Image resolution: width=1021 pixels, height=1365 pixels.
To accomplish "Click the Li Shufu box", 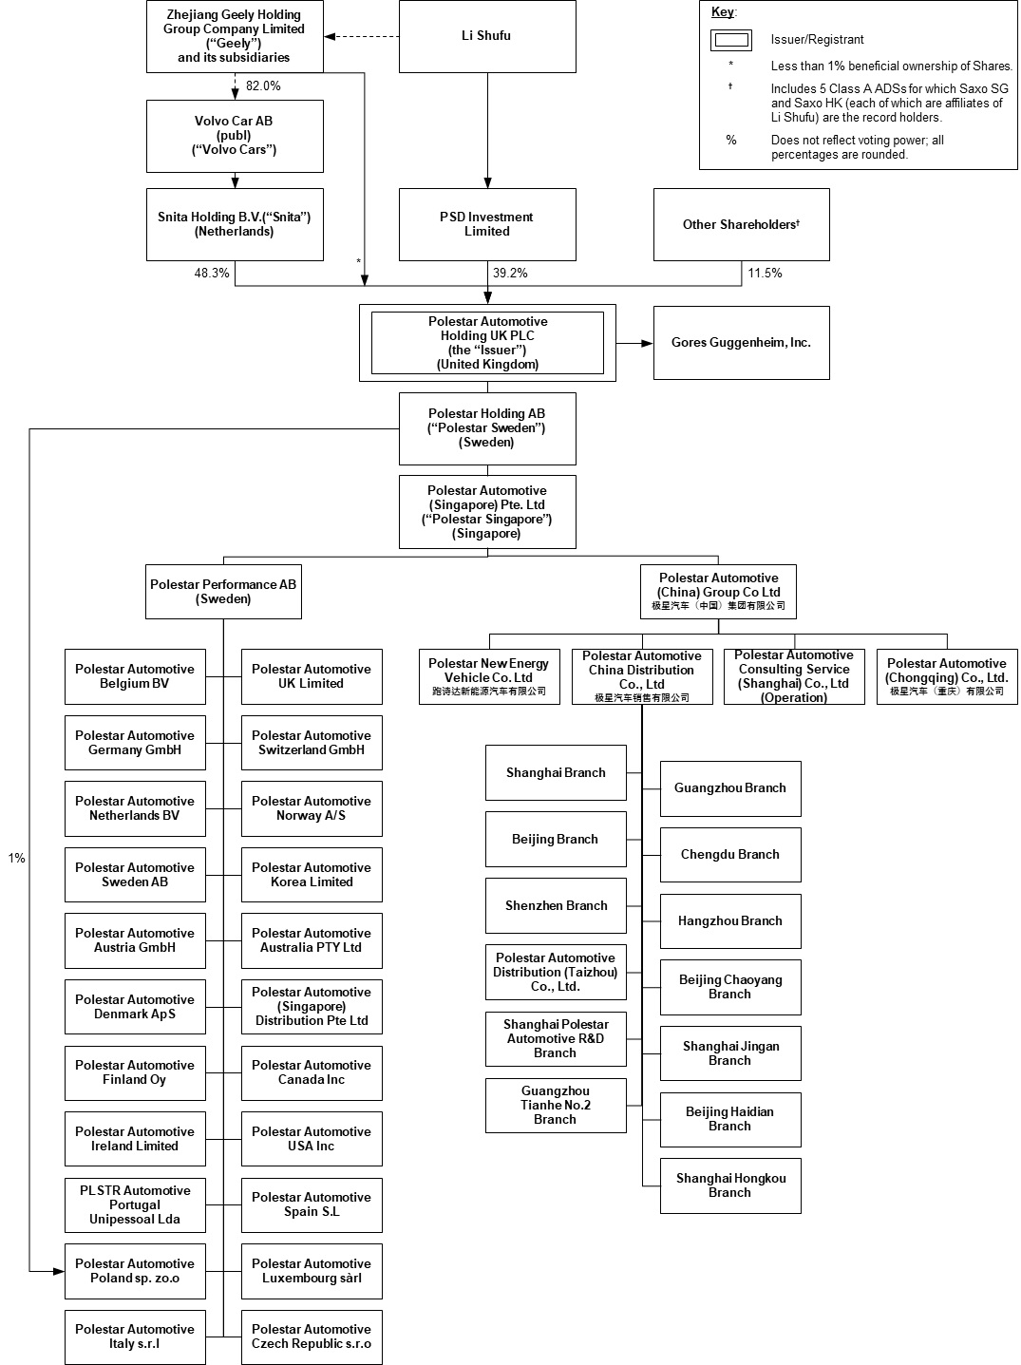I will tap(486, 36).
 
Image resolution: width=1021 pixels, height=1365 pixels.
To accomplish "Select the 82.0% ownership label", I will tap(263, 85).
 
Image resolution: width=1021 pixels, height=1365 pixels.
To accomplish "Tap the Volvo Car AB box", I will tap(235, 136).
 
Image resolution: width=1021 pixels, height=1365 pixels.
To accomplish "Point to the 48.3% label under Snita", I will tap(212, 273).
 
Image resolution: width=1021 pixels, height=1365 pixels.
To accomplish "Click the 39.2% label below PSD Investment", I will tap(510, 273).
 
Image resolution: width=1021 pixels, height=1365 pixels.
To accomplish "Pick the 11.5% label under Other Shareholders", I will tap(765, 273).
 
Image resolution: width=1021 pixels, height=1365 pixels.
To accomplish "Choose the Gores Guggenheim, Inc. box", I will tap(741, 343).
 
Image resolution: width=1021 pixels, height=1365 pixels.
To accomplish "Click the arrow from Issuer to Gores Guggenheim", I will tap(633, 343).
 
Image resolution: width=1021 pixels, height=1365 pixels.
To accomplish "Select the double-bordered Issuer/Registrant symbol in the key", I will tap(731, 40).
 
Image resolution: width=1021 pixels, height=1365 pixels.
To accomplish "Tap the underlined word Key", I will tap(723, 12).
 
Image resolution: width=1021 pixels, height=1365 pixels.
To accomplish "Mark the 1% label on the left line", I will tap(17, 858).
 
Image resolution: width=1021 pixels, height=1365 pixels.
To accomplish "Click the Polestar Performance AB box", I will tap(223, 592).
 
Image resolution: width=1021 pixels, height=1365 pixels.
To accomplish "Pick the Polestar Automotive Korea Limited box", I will tap(312, 875).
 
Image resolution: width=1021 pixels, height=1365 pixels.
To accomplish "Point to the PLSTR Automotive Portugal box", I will tap(135, 1204).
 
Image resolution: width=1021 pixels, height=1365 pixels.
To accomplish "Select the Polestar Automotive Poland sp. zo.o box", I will tap(135, 1271).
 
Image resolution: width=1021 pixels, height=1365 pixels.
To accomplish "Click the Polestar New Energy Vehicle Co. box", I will tap(488, 676).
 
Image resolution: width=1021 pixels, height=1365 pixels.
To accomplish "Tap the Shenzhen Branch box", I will tap(556, 905).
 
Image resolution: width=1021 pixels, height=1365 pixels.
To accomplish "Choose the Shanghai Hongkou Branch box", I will tap(730, 1185).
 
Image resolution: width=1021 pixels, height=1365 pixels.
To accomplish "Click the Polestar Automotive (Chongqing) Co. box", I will tap(946, 676).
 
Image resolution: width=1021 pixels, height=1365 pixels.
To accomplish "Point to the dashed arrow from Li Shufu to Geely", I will tap(361, 37).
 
